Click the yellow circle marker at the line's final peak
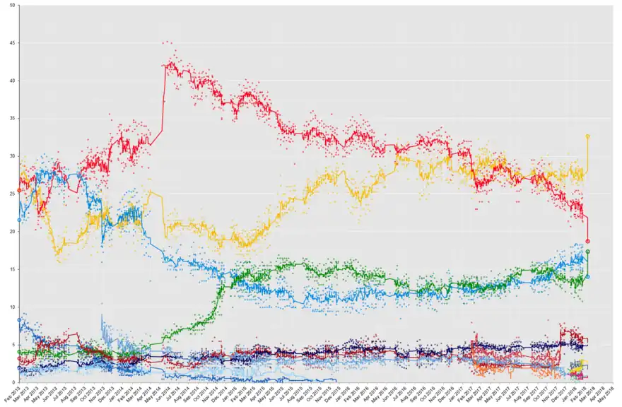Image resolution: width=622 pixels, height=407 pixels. pyautogui.click(x=588, y=136)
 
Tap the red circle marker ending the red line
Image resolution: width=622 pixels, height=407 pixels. pyautogui.click(x=588, y=241)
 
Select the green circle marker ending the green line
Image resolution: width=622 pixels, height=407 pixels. pyautogui.click(x=588, y=252)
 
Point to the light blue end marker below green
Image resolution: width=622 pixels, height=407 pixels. pyautogui.click(x=588, y=276)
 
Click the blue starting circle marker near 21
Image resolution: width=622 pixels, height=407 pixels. pyautogui.click(x=19, y=220)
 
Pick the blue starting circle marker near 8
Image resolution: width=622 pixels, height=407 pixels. pyautogui.click(x=19, y=320)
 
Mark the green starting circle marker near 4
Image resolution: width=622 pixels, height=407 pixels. pyautogui.click(x=19, y=352)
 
